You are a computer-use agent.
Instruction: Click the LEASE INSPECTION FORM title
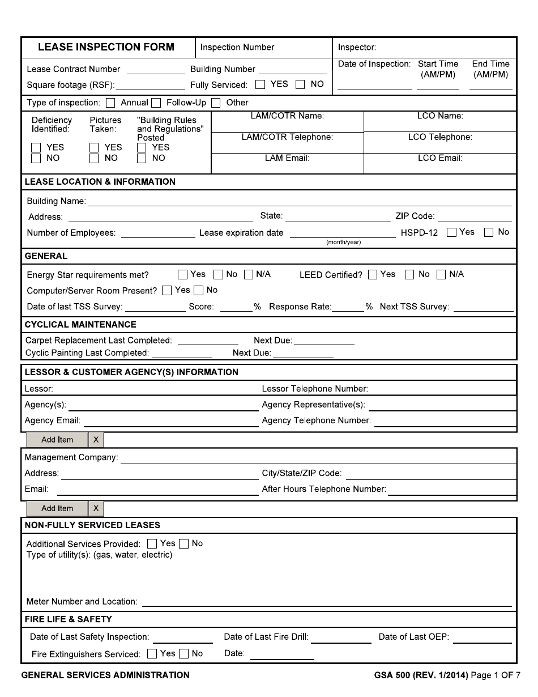(x=106, y=48)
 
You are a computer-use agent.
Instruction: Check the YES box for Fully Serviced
(x=261, y=85)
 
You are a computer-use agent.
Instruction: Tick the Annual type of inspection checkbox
(x=111, y=103)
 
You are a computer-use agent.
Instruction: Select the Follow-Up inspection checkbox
(x=156, y=103)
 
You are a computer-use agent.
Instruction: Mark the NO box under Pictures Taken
(x=95, y=159)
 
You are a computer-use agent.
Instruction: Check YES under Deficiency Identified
(x=36, y=148)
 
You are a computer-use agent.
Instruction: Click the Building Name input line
(x=300, y=201)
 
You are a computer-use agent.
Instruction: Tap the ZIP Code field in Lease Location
(x=475, y=216)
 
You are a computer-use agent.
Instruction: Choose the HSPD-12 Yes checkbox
(x=451, y=232)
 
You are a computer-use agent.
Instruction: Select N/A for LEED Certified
(x=441, y=275)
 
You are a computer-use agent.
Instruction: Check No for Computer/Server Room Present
(x=198, y=291)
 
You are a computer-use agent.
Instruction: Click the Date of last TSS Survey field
(x=155, y=307)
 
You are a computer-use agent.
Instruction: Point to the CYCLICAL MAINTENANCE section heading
(x=80, y=325)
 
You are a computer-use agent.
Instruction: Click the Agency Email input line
(x=170, y=421)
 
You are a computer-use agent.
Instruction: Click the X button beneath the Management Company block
(x=96, y=508)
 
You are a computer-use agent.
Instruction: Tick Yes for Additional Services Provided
(x=152, y=544)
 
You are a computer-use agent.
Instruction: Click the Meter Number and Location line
(x=326, y=602)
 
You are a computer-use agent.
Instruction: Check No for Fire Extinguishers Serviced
(x=184, y=654)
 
